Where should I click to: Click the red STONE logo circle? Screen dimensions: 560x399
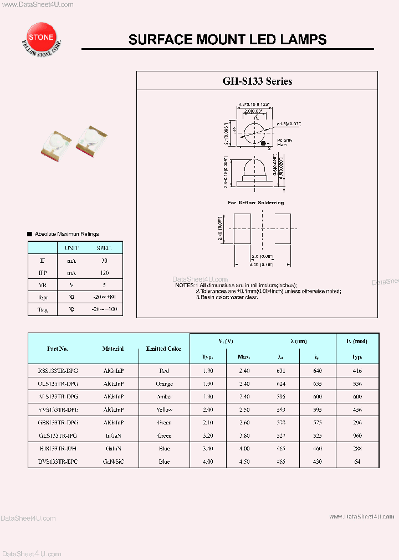click(x=41, y=37)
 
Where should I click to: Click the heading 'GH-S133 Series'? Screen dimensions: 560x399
click(x=257, y=81)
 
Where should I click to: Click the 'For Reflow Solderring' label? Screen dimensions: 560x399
click(x=256, y=203)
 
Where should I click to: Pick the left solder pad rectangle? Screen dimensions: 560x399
click(x=242, y=229)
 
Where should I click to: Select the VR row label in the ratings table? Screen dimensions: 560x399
click(x=43, y=286)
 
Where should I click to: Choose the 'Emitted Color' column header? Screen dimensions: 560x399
click(x=163, y=349)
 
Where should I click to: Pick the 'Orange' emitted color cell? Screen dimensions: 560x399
click(x=163, y=383)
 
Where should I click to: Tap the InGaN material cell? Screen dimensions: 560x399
click(x=113, y=435)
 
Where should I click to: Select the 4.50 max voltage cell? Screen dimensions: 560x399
click(x=244, y=462)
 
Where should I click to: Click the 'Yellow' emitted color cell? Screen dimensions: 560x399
click(x=163, y=409)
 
